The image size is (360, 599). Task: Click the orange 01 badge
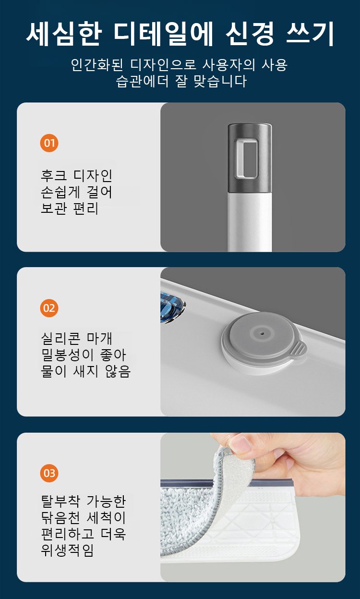49,143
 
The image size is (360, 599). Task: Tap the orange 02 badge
49,308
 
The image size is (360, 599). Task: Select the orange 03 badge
49,473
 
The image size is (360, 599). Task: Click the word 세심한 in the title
64,34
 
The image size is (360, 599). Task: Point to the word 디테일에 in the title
163,34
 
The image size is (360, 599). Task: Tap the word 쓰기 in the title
310,34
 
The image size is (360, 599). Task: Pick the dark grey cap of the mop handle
250,158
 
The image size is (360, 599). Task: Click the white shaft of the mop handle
250,222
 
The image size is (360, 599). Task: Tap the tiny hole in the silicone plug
263,333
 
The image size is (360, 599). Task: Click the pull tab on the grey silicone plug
300,349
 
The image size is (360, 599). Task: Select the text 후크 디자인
76,176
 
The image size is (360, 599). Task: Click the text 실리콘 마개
76,339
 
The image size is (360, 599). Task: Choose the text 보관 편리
70,208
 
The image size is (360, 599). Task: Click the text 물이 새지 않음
85,371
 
